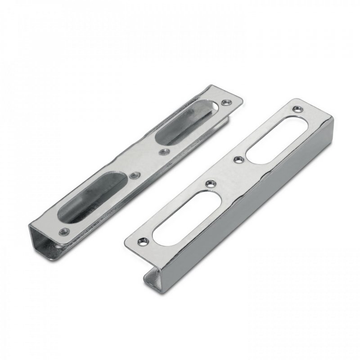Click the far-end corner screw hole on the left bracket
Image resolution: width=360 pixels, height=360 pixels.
tap(225, 103)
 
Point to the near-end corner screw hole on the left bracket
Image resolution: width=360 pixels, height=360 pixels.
tap(63, 232)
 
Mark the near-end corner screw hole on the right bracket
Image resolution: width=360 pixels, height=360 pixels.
tap(144, 241)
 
